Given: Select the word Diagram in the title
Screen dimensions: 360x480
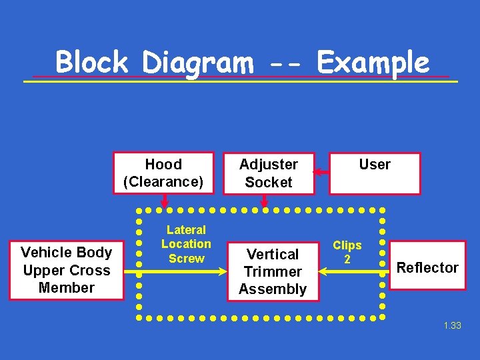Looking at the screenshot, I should [197, 63].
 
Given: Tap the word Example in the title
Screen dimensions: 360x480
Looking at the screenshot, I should [373, 63].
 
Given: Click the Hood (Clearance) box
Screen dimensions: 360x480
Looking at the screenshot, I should [163, 173].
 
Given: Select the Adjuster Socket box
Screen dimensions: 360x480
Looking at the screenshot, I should [269, 173].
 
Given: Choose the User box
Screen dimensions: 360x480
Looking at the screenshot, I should [375, 173].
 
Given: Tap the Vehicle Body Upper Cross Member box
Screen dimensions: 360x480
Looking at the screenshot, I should [66, 270].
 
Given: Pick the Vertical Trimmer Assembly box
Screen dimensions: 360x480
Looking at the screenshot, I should [272, 272].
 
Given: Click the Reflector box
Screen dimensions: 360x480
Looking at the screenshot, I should [427, 268].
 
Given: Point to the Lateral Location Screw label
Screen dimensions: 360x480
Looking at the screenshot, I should [186, 244].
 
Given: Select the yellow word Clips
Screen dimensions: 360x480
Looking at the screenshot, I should [347, 245].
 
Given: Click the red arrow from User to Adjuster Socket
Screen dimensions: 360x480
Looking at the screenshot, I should [321, 173].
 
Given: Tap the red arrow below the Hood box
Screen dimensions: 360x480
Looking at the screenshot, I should [164, 201].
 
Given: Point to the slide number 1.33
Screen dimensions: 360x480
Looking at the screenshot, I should [452, 325].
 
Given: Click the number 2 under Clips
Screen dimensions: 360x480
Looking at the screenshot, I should [347, 259].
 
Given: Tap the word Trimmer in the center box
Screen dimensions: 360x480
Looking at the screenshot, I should [272, 272].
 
